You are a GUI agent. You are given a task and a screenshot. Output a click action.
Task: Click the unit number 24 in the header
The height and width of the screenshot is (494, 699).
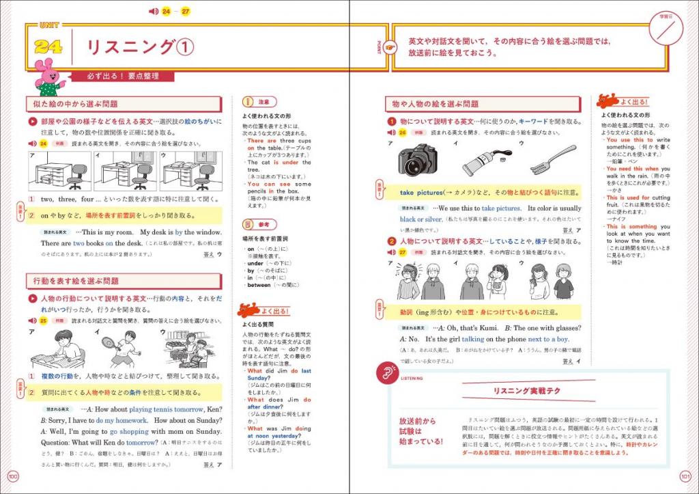[x=48, y=47]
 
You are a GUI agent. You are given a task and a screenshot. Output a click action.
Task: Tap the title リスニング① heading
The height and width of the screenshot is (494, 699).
[x=139, y=47]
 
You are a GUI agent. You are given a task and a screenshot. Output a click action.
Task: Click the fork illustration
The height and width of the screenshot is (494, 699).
[x=553, y=159]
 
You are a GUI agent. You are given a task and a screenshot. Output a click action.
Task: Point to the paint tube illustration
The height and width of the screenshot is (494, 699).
[x=485, y=161]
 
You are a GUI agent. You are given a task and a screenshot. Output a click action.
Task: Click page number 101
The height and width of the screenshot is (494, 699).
[x=686, y=476]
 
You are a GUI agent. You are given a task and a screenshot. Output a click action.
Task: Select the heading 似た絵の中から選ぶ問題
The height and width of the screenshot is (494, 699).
[x=76, y=105]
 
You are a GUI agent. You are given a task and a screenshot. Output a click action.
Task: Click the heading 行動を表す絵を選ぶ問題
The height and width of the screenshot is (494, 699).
[x=76, y=281]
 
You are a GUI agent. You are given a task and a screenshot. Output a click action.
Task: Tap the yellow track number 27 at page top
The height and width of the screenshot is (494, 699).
[x=186, y=12]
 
